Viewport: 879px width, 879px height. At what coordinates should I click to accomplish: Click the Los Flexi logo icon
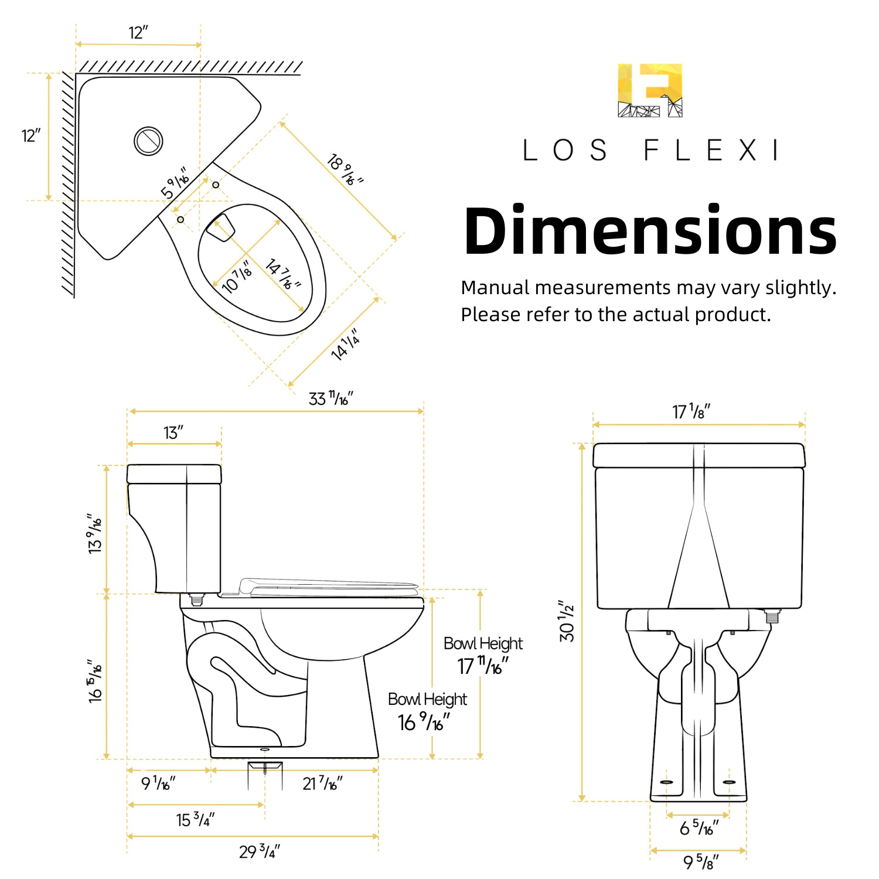650,90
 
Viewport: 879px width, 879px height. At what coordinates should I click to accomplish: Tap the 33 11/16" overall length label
331,398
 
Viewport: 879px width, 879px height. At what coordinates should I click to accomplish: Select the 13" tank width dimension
173,432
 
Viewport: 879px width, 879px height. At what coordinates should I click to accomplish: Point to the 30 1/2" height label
567,621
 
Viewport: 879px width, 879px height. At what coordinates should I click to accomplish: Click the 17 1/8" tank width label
691,411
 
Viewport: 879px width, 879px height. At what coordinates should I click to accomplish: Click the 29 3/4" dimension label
260,851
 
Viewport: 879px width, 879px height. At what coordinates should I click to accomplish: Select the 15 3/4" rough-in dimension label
196,819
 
